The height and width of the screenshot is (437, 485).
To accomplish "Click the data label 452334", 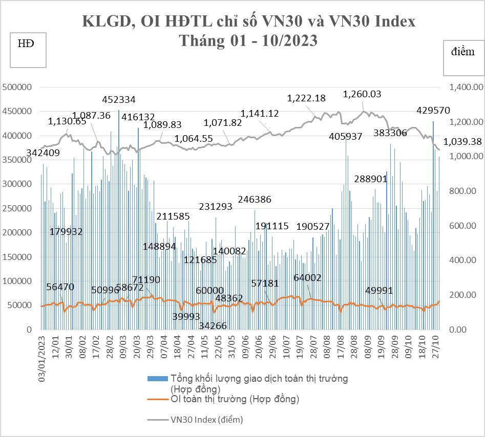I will point(119,99).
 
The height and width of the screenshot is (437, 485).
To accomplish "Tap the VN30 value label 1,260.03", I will point(362,94).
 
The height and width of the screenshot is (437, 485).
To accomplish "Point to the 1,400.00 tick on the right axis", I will point(465,88).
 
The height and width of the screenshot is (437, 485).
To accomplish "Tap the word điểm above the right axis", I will point(462,52).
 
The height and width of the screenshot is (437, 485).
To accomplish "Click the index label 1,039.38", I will point(463,141).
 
